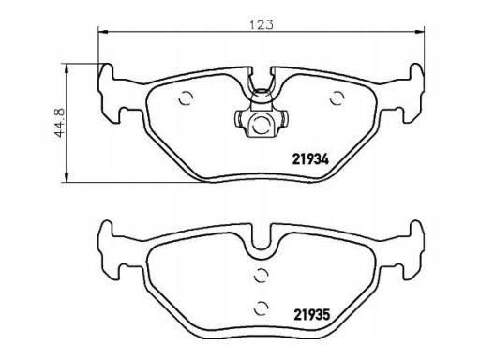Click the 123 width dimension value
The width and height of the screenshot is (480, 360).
pyautogui.click(x=262, y=24)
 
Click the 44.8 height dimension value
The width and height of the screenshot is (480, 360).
pyautogui.click(x=59, y=123)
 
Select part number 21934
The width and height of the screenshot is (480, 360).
pyautogui.click(x=310, y=160)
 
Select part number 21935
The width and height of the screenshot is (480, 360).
pyautogui.click(x=311, y=315)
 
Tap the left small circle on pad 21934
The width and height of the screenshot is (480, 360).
pyautogui.click(x=186, y=98)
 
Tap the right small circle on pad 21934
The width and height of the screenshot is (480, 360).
pyautogui.click(x=337, y=98)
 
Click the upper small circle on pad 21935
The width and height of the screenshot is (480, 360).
pyautogui.click(x=262, y=276)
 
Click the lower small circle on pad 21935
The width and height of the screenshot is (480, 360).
pyautogui.click(x=262, y=308)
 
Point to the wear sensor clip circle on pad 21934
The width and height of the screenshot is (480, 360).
pyautogui.click(x=262, y=126)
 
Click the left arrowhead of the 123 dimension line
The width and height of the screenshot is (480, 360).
pyautogui.click(x=103, y=32)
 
